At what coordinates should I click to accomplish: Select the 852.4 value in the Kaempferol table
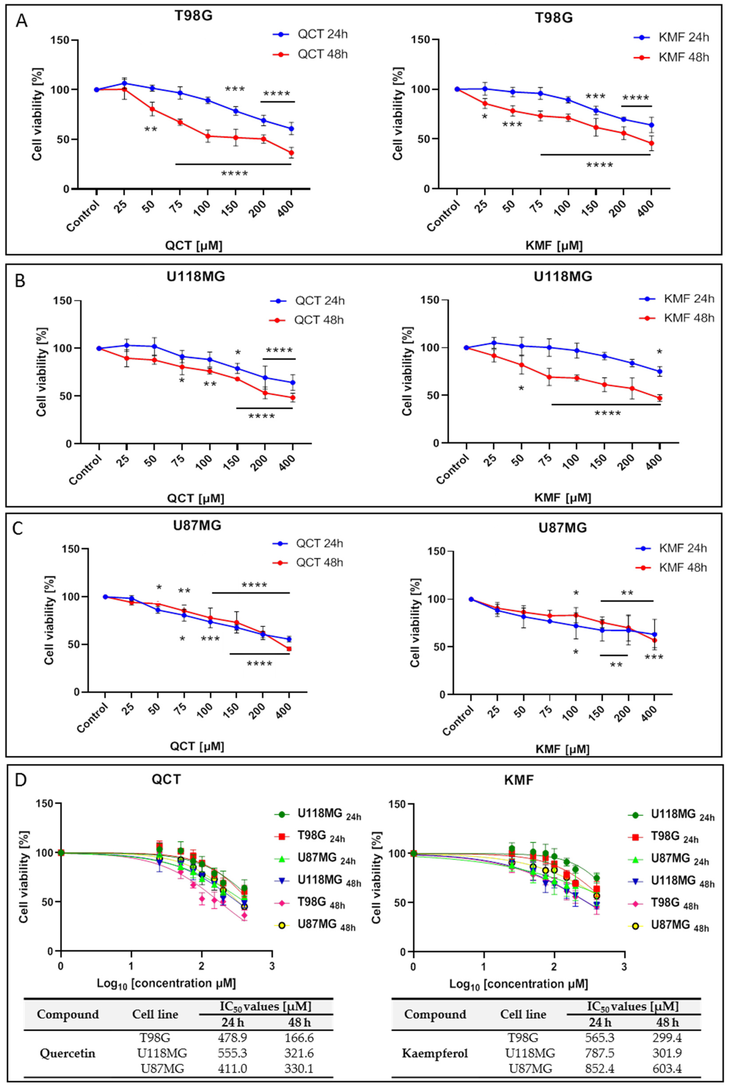(x=599, y=1069)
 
